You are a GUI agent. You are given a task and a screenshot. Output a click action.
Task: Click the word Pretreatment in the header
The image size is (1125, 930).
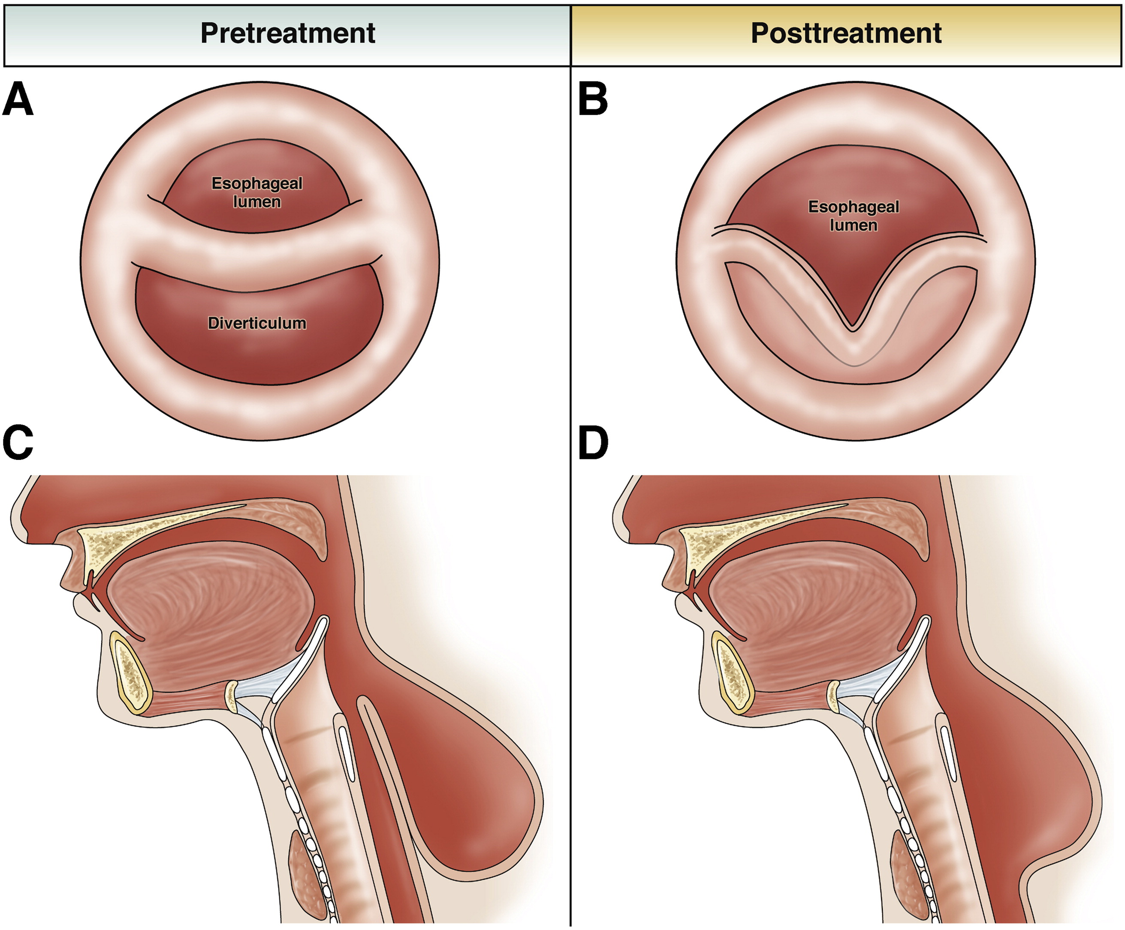[288, 33]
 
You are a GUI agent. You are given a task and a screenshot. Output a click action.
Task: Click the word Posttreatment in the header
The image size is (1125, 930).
[846, 33]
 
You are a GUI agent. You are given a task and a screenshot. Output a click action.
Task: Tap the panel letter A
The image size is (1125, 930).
[18, 99]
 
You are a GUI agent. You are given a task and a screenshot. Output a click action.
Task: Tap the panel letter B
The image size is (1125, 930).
[593, 99]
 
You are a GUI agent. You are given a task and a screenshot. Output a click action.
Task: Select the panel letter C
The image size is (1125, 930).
[18, 443]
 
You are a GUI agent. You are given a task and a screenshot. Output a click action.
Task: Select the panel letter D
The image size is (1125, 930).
[594, 443]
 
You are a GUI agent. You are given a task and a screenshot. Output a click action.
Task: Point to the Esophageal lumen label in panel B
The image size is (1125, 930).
[854, 216]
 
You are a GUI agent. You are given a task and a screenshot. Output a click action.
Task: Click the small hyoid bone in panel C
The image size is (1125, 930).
[231, 696]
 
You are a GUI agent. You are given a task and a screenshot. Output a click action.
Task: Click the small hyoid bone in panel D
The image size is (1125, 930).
[833, 696]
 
